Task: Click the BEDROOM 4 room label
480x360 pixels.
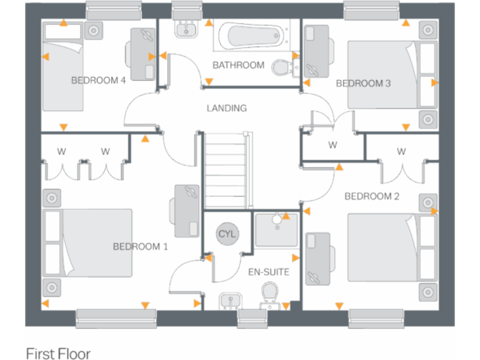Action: tap(99, 80)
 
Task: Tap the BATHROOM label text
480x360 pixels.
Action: tap(238, 65)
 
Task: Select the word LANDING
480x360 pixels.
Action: tap(227, 108)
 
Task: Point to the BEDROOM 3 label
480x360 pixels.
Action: tap(364, 83)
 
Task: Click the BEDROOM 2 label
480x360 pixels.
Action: tap(372, 196)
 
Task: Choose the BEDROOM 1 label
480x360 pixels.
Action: tap(140, 246)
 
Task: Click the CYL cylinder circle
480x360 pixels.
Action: tap(227, 234)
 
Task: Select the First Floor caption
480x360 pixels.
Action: tap(58, 353)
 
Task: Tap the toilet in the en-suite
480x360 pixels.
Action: tap(269, 294)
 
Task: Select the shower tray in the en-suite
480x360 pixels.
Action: tap(276, 229)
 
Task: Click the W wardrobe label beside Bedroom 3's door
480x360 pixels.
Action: tap(332, 146)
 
